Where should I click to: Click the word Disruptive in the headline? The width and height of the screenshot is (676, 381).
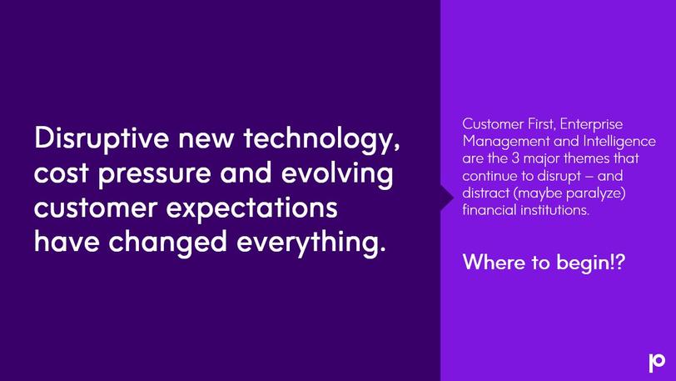coord(102,138)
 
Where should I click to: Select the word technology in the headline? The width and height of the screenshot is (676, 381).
coord(321,138)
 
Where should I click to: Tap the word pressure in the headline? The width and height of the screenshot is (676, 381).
coord(155,173)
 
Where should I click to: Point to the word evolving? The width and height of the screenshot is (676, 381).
coord(336,173)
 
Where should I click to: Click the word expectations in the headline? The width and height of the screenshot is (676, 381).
coord(251,208)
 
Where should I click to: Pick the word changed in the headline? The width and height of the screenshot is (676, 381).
coord(167,242)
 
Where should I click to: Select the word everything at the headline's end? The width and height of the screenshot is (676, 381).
coord(311,242)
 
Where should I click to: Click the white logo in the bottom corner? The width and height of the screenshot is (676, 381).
coord(657,362)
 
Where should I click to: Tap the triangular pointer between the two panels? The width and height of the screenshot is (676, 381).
coord(446,198)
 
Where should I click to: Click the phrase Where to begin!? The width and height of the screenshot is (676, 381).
coord(544,263)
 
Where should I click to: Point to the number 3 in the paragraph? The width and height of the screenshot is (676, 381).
coord(515,158)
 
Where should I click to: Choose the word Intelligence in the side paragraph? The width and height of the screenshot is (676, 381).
coord(619,142)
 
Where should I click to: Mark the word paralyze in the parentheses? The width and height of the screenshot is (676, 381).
coord(596,193)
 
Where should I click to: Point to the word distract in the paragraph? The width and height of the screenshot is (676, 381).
coord(486,193)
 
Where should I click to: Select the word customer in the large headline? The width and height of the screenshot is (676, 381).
coord(96,208)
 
